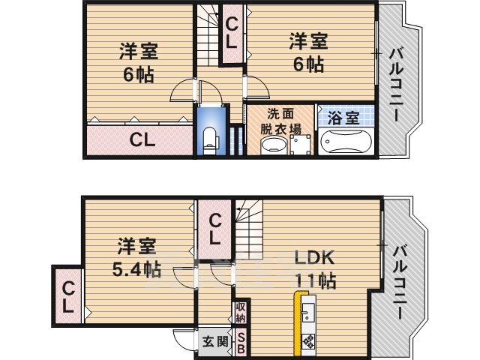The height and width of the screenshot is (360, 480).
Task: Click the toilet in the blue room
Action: click(211, 139)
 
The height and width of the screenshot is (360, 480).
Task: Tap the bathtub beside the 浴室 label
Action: click(346, 142)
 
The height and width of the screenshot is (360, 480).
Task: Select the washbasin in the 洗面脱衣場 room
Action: click(268, 145)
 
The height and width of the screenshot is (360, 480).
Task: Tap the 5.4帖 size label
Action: click(137, 268)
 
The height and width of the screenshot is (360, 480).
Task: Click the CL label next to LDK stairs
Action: click(214, 229)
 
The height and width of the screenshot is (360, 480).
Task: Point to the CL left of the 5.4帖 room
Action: click(67, 297)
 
